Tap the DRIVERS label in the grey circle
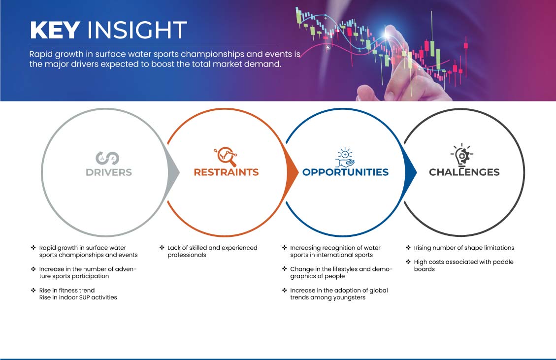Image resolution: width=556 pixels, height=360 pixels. click(x=109, y=172)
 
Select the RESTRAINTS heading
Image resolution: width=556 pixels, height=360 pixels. click(x=226, y=172)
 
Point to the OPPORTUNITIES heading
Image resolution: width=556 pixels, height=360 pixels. click(x=345, y=172)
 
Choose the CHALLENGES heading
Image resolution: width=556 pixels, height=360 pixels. click(x=464, y=172)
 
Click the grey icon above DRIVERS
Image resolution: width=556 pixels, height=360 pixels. click(x=107, y=158)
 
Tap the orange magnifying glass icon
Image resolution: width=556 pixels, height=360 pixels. click(x=226, y=157)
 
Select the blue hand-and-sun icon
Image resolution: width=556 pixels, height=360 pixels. click(x=345, y=158)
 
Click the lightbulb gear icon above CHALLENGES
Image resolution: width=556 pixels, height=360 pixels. click(x=461, y=155)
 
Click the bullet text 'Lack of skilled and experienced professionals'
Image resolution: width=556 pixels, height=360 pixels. click(x=212, y=252)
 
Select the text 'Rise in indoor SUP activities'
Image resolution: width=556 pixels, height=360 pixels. click(x=78, y=297)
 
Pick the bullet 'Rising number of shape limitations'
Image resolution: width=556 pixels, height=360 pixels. click(x=464, y=248)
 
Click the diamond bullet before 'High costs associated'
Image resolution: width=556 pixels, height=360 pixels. click(x=408, y=262)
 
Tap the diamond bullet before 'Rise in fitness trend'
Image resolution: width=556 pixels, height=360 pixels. click(x=33, y=290)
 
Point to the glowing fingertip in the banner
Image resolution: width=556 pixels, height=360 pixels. click(x=387, y=35)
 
